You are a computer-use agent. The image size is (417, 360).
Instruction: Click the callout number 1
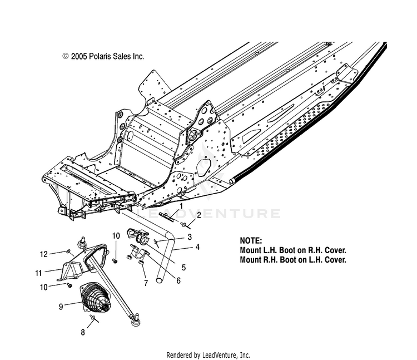coord(180,206)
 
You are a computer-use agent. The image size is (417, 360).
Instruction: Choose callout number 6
coord(178,281)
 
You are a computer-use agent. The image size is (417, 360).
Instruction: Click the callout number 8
coord(83,333)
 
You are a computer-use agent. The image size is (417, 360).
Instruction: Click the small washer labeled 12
coord(68,251)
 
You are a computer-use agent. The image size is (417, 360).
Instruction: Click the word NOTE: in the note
coord(251,241)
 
